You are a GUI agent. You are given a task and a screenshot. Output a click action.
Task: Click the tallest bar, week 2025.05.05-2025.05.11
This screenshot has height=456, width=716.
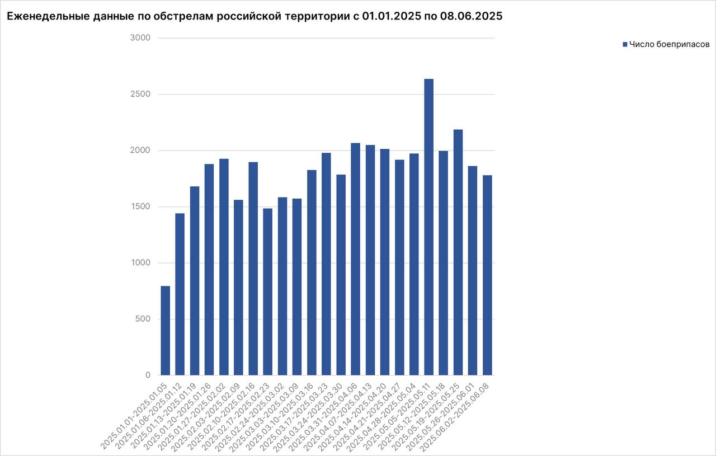point(428,227)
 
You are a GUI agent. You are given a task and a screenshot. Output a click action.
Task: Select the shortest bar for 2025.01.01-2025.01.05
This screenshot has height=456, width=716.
point(165,330)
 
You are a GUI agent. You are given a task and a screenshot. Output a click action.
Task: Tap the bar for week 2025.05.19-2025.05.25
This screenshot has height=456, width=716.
point(458,252)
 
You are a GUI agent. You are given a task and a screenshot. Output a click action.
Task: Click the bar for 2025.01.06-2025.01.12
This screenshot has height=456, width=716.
point(180,294)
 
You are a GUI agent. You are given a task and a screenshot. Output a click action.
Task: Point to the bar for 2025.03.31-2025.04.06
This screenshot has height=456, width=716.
point(355,259)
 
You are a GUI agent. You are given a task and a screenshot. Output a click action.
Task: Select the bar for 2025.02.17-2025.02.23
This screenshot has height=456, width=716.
point(267,292)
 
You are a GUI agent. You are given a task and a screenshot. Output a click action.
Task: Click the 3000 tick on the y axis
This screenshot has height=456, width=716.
point(140,38)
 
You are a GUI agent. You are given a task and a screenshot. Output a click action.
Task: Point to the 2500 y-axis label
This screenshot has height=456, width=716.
point(140,94)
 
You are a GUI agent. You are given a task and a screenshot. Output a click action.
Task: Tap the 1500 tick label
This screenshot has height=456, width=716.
point(140,206)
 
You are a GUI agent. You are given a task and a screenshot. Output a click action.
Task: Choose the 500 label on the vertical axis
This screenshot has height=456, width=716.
point(143,319)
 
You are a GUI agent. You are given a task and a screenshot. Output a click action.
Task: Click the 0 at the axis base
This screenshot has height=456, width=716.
point(148,375)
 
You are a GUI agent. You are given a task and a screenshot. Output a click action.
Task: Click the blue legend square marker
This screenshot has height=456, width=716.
point(625,44)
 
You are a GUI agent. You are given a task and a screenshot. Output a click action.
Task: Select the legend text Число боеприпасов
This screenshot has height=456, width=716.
point(669,44)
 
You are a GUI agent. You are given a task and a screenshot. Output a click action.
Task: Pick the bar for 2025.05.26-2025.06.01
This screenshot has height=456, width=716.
point(473,270)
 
